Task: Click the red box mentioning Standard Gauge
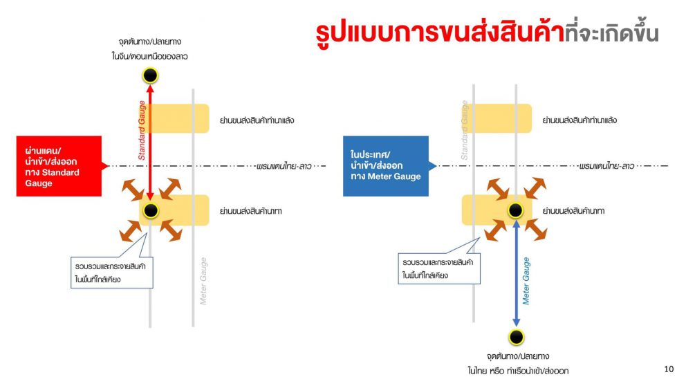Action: point(59,166)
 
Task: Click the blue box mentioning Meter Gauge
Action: point(386,166)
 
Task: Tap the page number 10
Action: point(669,369)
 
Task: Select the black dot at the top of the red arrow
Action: point(150,75)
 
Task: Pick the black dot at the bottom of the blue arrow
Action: point(517,337)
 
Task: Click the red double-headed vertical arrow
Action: point(150,143)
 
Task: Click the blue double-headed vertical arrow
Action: point(517,273)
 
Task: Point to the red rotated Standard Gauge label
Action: point(142,131)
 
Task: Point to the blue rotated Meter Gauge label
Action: point(526,281)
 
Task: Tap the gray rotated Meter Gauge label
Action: point(203,281)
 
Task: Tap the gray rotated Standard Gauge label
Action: point(464,131)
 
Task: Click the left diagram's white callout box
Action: point(112,273)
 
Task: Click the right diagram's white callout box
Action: point(439,268)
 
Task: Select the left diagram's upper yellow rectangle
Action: point(174,118)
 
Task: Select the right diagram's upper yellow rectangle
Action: point(497,118)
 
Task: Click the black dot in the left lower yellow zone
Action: point(151,210)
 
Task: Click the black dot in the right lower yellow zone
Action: point(515,210)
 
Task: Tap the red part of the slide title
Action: point(440,33)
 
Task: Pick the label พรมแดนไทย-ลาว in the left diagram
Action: point(284,166)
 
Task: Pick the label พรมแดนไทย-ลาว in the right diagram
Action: point(606,166)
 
